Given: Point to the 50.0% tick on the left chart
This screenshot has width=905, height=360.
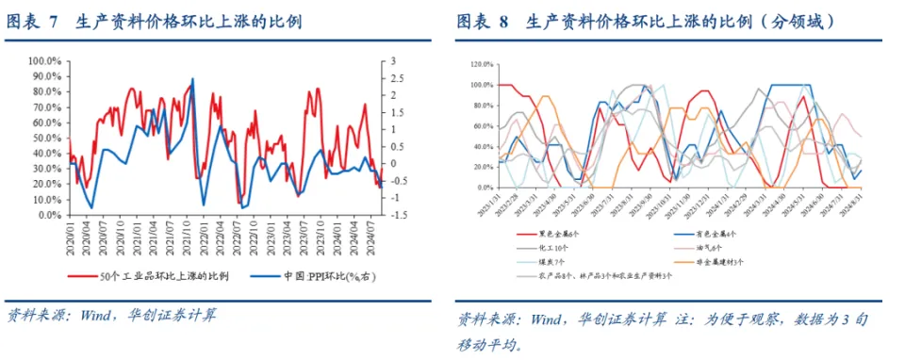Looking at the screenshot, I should pyautogui.click(x=46, y=139).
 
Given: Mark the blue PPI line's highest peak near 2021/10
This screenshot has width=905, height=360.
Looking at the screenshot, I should pyautogui.click(x=193, y=79).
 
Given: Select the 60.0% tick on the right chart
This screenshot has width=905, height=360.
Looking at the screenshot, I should pyautogui.click(x=482, y=125).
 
